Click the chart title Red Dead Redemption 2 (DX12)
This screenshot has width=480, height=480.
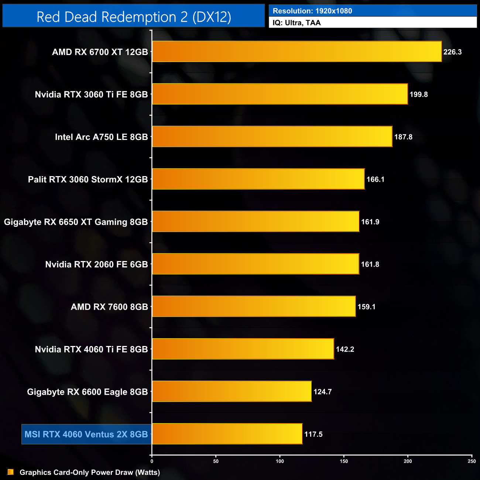pyautogui.click(x=134, y=17)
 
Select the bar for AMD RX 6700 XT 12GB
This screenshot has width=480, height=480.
pyautogui.click(x=297, y=52)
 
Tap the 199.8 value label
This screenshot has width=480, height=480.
pyautogui.click(x=418, y=95)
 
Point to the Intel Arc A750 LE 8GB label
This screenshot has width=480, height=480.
pyautogui.click(x=101, y=137)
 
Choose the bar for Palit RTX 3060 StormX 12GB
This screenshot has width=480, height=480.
pyautogui.click(x=258, y=179)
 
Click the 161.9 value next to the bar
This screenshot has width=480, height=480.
pyautogui.click(x=370, y=222)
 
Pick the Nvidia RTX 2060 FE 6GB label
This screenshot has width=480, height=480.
pyautogui.click(x=96, y=264)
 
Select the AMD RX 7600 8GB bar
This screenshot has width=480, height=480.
pyautogui.click(x=254, y=306)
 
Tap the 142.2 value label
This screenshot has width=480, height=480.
pyautogui.click(x=345, y=349)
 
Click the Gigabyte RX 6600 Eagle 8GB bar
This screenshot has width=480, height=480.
pyautogui.click(x=232, y=391)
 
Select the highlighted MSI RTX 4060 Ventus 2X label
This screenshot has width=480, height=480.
pyautogui.click(x=86, y=434)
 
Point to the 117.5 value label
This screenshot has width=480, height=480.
pyautogui.click(x=313, y=434)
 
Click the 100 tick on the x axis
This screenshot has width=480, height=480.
pyautogui.click(x=280, y=461)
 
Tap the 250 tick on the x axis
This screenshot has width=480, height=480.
pyautogui.click(x=472, y=461)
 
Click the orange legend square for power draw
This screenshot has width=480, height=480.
pyautogui.click(x=11, y=472)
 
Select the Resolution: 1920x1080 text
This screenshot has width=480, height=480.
pyautogui.click(x=312, y=11)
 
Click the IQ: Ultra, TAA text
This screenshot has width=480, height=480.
pyautogui.click(x=296, y=23)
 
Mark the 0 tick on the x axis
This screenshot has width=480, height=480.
pyautogui.click(x=152, y=461)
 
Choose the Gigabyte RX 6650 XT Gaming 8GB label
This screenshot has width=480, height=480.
pyautogui.click(x=76, y=222)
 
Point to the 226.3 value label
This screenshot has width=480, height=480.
pyautogui.click(x=452, y=52)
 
